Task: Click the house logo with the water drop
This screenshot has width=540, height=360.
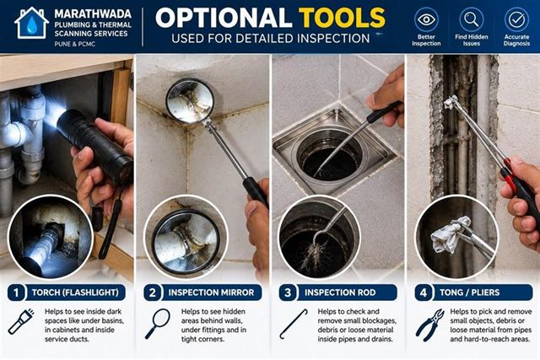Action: [31, 23]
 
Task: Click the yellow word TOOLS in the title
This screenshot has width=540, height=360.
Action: [342, 18]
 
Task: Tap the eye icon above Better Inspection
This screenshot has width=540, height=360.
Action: [426, 19]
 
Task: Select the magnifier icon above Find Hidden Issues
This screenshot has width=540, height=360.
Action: [471, 19]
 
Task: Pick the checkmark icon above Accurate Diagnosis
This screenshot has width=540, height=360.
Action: [516, 19]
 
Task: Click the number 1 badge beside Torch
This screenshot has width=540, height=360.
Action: [16, 293]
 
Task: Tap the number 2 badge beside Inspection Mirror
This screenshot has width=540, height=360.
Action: [152, 293]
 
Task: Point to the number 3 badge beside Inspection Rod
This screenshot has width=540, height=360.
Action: [288, 293]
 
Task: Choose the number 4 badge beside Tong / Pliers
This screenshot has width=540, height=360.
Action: [424, 293]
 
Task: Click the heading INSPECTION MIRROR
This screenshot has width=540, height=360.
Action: [211, 293]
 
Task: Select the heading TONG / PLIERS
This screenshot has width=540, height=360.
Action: [469, 293]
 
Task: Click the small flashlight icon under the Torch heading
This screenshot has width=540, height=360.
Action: [21, 322]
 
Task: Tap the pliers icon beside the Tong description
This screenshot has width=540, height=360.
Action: [430, 325]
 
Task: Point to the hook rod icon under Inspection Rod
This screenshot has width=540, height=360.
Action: [293, 324]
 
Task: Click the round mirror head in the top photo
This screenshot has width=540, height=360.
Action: [190, 101]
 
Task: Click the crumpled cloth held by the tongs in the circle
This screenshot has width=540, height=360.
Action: [447, 234]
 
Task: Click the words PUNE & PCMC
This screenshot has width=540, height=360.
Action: [75, 44]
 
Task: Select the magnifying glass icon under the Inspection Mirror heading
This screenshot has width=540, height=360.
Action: [158, 324]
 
